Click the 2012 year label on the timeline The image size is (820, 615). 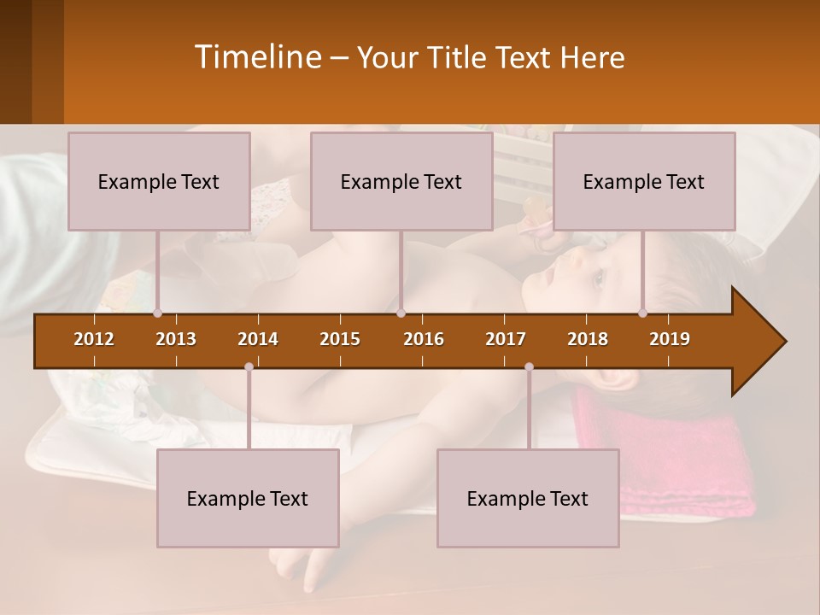[94, 339]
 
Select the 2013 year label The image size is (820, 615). [176, 339]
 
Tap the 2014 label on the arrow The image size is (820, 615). [258, 339]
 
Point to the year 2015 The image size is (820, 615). [340, 339]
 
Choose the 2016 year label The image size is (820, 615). [424, 339]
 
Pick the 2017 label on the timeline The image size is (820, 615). [506, 339]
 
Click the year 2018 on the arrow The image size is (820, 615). [588, 339]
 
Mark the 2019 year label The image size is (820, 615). [670, 339]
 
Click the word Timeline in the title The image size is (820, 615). [257, 57]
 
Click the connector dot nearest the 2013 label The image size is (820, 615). [158, 313]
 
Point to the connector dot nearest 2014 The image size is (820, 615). [249, 366]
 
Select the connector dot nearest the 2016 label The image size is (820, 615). [401, 313]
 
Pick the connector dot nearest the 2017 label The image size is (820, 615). [529, 366]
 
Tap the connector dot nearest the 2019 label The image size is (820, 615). [643, 313]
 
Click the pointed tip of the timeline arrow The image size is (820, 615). [784, 342]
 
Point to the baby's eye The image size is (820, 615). [596, 276]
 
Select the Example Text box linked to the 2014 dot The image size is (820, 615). [248, 498]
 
